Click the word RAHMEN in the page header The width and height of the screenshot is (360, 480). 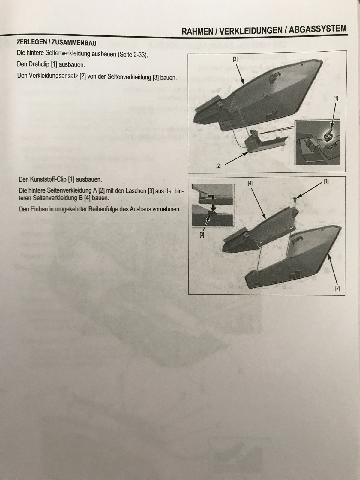pyautogui.click(x=197, y=31)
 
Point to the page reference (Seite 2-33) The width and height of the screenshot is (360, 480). pyautogui.click(x=133, y=55)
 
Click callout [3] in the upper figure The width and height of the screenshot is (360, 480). pyautogui.click(x=235, y=59)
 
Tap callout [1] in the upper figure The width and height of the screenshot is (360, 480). pyautogui.click(x=336, y=99)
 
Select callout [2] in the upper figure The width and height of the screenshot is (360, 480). pyautogui.click(x=218, y=166)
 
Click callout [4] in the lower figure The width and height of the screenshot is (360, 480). pyautogui.click(x=250, y=183)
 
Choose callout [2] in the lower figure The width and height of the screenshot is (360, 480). pyautogui.click(x=337, y=289)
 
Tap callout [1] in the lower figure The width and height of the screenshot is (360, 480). pyautogui.click(x=326, y=181)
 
